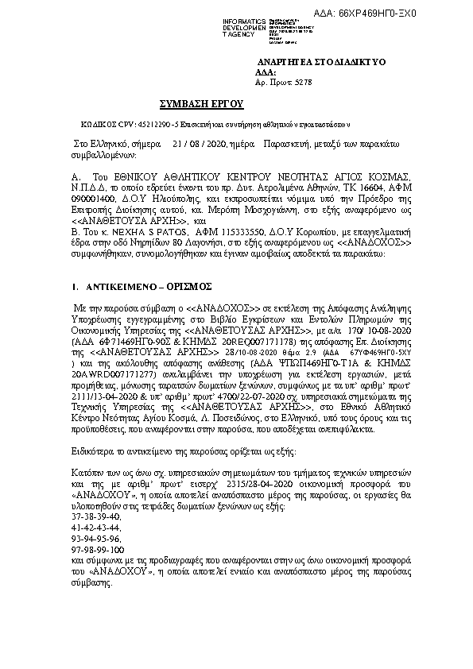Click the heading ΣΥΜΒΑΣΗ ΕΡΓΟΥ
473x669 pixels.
coord(202,104)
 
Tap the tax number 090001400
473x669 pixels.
coord(89,194)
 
